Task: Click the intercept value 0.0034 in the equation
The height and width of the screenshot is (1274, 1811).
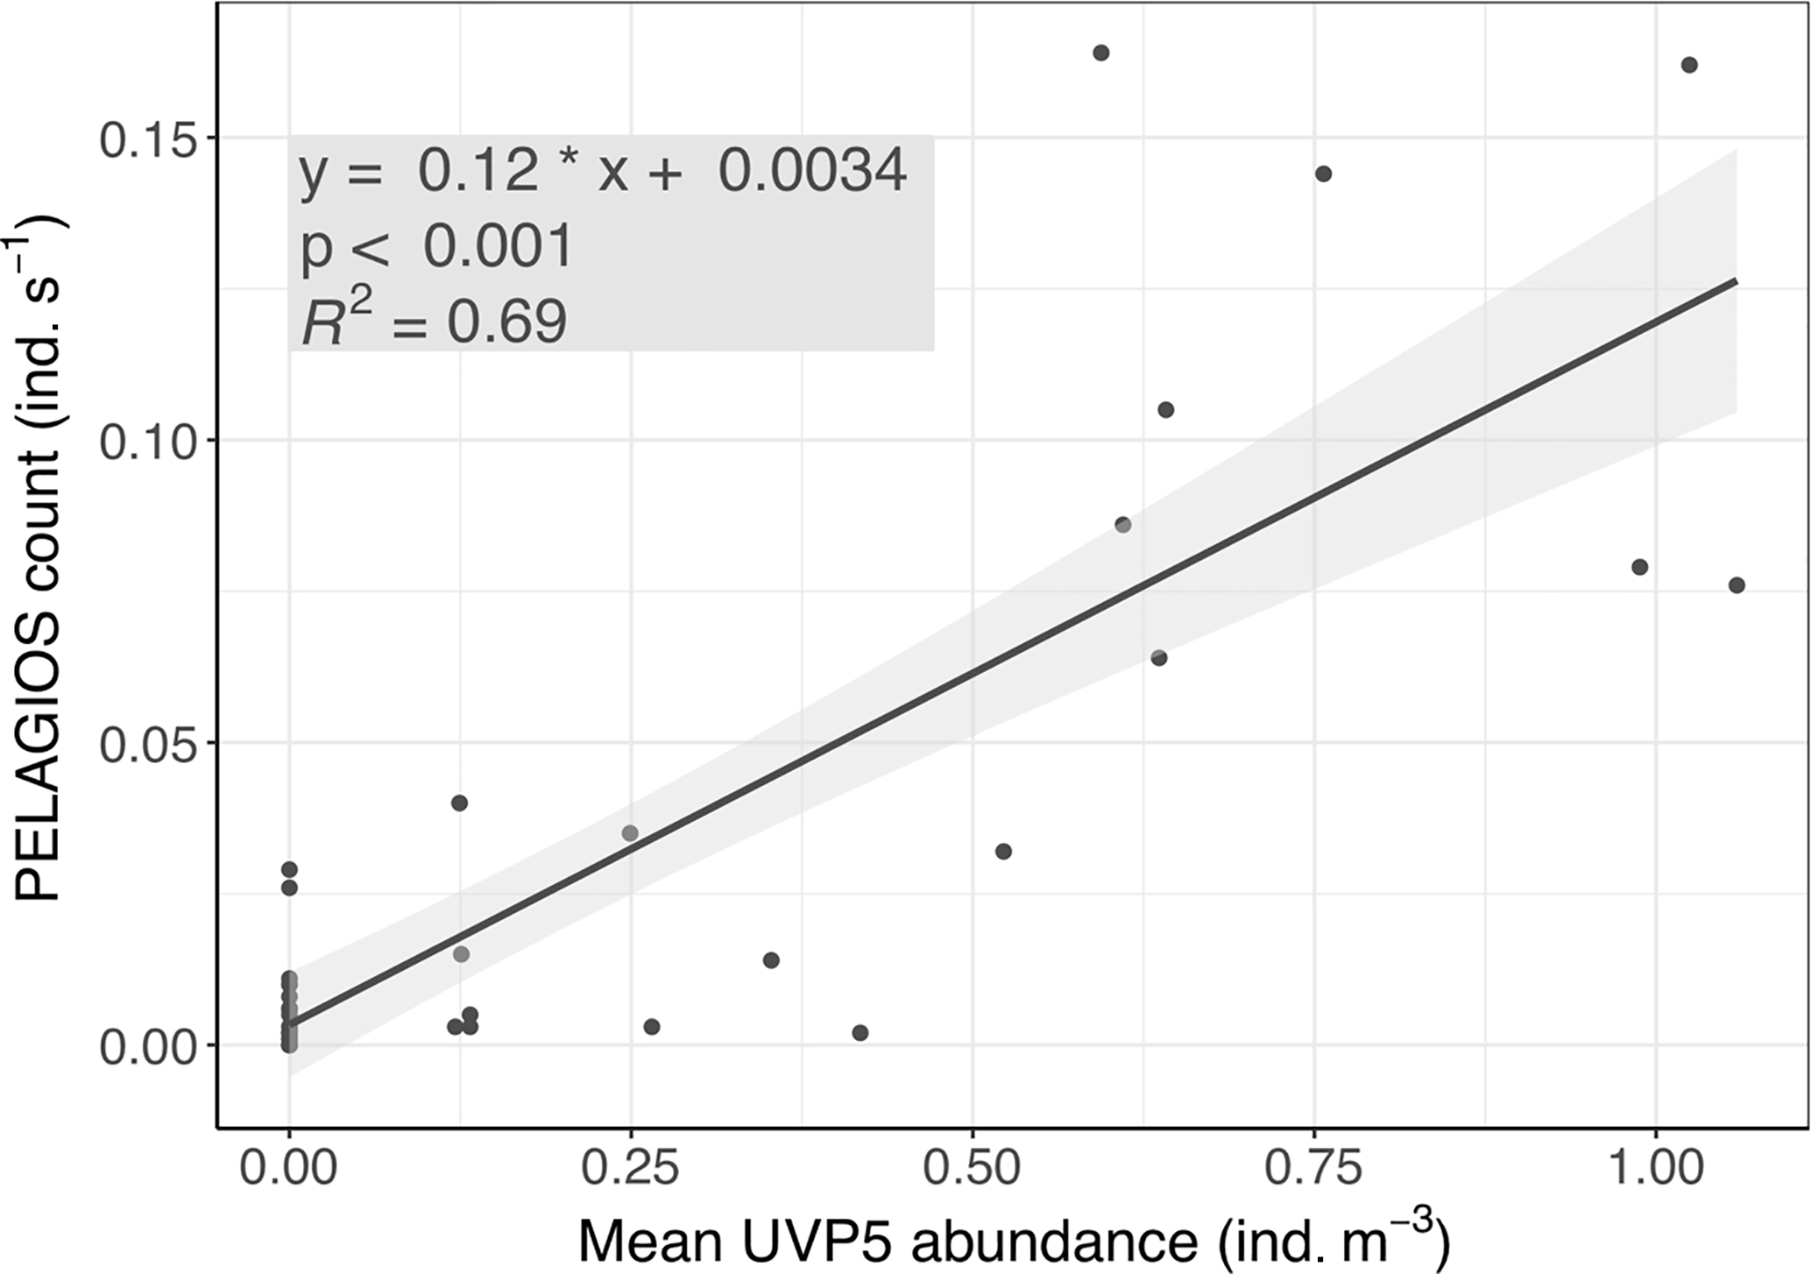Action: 812,171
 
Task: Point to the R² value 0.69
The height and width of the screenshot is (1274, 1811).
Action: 507,322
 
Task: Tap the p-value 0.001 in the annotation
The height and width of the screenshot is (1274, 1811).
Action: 498,247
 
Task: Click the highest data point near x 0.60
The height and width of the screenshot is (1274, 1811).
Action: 1101,53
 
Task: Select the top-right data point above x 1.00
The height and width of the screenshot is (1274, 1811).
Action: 1689,65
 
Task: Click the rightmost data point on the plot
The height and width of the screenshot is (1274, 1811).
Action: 1737,585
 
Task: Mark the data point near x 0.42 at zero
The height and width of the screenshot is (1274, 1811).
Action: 860,1033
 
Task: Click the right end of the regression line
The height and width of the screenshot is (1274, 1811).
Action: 1736,280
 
